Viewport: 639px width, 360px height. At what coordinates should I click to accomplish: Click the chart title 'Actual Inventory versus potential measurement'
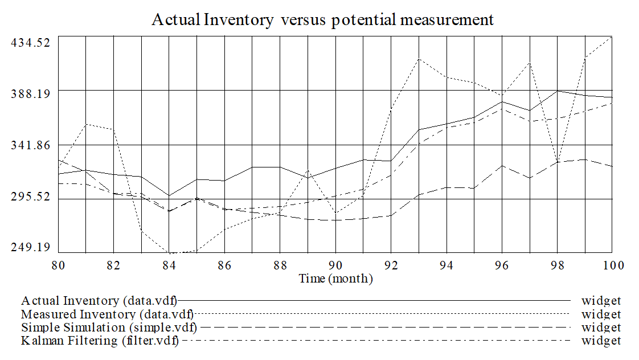click(x=323, y=20)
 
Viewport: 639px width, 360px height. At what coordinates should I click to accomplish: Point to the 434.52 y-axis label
click(x=31, y=43)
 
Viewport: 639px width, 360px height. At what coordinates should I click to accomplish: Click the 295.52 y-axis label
click(x=31, y=197)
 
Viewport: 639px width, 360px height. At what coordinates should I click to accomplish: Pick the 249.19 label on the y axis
click(x=31, y=247)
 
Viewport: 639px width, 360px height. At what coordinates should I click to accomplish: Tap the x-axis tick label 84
click(x=169, y=265)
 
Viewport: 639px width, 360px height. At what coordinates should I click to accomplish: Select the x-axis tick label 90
click(x=335, y=265)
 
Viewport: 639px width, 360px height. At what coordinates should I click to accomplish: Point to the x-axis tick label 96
click(x=502, y=265)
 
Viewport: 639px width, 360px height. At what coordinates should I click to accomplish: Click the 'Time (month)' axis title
click(x=336, y=279)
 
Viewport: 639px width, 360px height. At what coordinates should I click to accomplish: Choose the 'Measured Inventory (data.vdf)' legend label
click(x=107, y=314)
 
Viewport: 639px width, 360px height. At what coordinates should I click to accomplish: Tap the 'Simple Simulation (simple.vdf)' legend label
click(x=109, y=328)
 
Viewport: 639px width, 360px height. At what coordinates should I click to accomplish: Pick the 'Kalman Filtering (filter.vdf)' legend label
click(x=100, y=341)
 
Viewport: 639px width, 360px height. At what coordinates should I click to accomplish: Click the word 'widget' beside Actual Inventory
click(x=601, y=300)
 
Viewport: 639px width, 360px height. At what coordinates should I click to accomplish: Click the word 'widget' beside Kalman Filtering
click(x=601, y=341)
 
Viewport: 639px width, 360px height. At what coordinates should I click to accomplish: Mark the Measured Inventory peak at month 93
click(x=419, y=58)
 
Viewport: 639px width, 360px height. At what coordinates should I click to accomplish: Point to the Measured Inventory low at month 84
click(x=169, y=252)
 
